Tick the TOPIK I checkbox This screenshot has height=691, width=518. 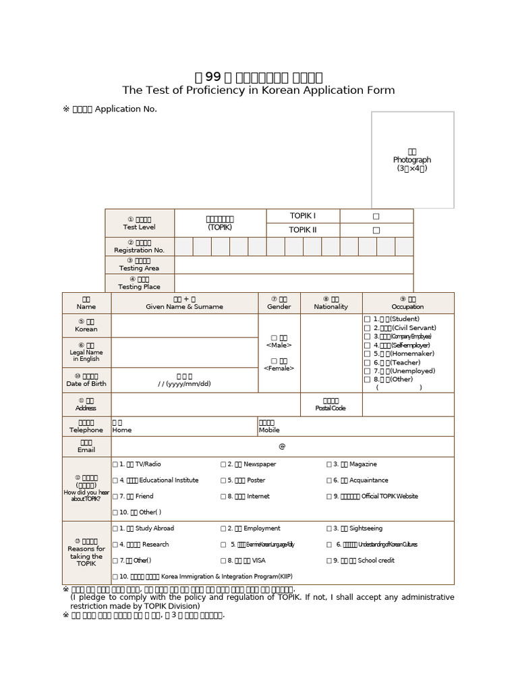376,216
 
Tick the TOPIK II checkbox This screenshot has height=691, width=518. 376,230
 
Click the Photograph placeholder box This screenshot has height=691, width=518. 412,160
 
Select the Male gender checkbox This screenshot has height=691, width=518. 274,337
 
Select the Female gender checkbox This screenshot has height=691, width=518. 274,361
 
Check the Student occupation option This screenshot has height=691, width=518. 367,319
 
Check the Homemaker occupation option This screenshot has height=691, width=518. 367,354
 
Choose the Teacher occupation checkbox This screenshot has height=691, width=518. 367,362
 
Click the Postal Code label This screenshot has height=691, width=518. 330,405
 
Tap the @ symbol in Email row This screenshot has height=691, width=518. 282,447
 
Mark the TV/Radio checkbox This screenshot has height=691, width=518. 115,464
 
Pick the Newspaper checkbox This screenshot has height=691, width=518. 223,464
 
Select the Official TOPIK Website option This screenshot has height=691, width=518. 329,497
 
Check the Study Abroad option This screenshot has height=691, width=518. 115,529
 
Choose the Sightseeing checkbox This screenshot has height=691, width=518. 329,529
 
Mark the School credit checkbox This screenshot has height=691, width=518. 329,561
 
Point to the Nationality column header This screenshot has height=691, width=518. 331,303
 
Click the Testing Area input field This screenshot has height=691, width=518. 293,265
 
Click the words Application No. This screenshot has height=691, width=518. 125,109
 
